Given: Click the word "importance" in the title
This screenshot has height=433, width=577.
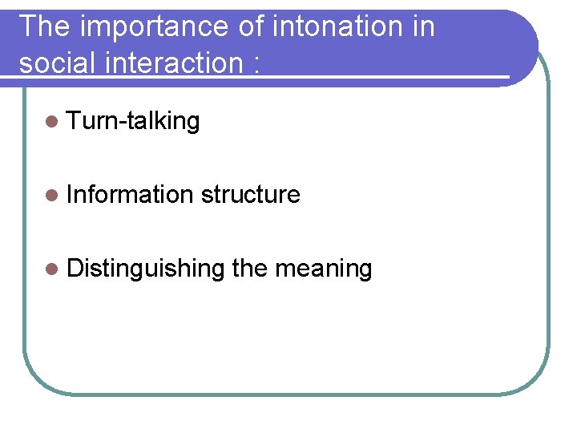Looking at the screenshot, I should pos(152,26).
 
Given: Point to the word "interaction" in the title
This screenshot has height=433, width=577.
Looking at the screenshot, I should pos(170,62).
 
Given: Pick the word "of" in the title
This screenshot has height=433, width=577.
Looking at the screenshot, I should pos(251,26).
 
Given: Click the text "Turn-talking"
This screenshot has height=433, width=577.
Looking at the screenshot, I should pos(133,121).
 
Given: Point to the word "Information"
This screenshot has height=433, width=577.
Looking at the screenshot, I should pos(130,194).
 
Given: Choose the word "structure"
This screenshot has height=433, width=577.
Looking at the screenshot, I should pos(250,195).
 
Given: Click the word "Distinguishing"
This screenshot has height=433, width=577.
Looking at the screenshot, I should pos(145,269).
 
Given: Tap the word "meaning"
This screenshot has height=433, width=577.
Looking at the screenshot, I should pos(323,269).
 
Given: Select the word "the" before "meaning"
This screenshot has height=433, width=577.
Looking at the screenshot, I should pos(249,268).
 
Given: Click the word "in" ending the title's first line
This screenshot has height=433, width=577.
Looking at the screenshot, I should pos(422,26).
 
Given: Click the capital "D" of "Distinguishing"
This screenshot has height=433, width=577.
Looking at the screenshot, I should pos(75,268).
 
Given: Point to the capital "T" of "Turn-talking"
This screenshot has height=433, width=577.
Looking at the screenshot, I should pos(75,121).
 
